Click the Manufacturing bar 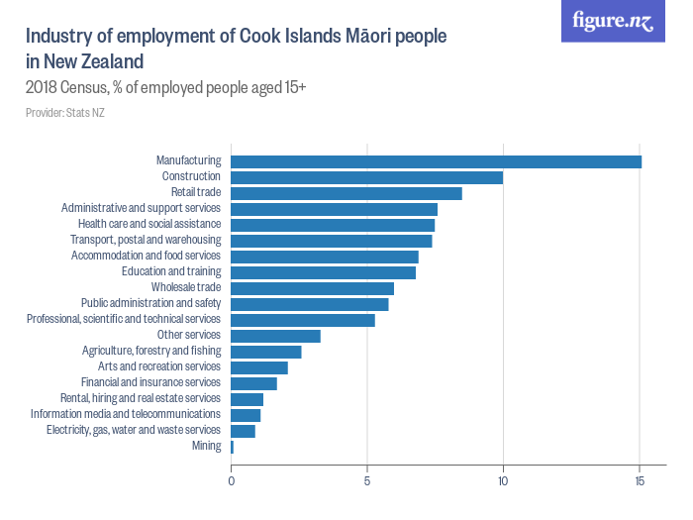coord(436,161)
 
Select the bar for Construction coord(366,177)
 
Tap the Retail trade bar coord(346,193)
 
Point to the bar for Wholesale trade coord(312,288)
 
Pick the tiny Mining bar coord(232,447)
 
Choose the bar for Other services coord(275,336)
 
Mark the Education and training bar coord(323,272)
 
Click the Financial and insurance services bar coord(253,383)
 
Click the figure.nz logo coord(613,21)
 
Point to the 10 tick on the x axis coord(503,481)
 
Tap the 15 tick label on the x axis coord(640,481)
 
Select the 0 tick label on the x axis coord(231,481)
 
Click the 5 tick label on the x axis coord(367,481)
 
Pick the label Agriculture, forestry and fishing coord(150,351)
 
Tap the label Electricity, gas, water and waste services coord(133,430)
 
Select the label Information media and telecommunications coord(125,414)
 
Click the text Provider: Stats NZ coord(65,113)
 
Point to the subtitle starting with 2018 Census coord(165,88)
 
